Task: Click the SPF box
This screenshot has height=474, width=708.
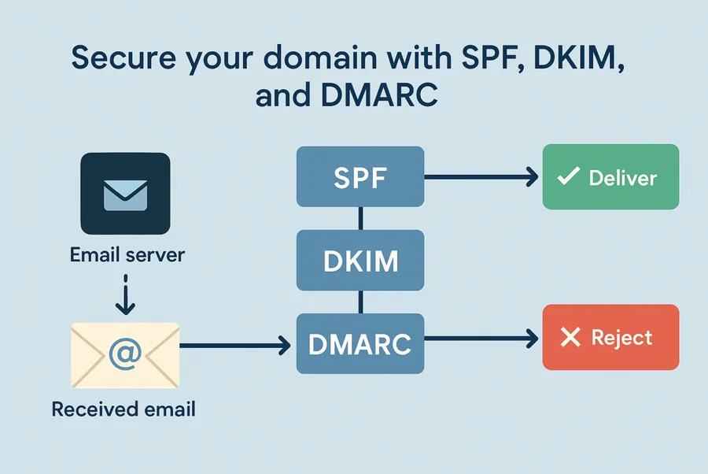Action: point(360,177)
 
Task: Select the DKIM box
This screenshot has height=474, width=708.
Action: point(360,261)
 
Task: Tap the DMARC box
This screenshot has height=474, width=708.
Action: point(360,343)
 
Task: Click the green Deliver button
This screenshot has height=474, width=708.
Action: point(610,176)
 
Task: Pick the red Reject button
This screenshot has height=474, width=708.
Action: point(610,338)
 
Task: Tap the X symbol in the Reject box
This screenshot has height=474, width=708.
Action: point(569,339)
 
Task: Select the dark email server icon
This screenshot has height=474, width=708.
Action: point(125,194)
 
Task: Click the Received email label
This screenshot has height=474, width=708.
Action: point(124,409)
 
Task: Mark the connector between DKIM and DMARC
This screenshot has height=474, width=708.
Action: point(360,302)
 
